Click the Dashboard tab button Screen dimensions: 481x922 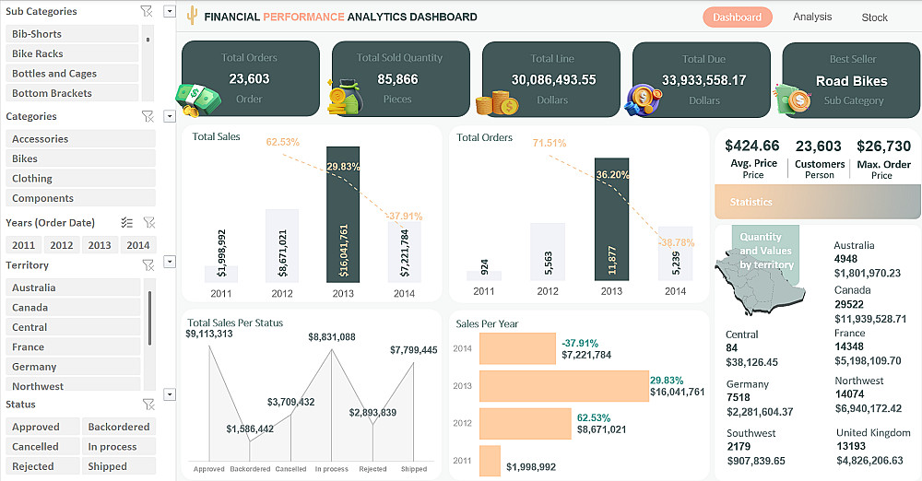coord(737,17)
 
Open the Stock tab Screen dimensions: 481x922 coord(874,17)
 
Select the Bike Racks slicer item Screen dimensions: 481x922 coord(38,53)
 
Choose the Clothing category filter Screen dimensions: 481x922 coord(32,178)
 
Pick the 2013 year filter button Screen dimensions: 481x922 coord(100,245)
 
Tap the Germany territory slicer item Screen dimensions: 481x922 coord(34,366)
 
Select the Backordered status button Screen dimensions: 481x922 coord(118,427)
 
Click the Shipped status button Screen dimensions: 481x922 coord(107,466)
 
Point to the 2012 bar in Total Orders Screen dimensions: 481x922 coord(548,251)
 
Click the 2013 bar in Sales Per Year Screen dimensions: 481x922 coord(563,386)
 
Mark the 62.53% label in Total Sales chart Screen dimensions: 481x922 coord(283,142)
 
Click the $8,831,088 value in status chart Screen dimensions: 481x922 coord(332,337)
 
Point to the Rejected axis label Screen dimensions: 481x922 coord(372,469)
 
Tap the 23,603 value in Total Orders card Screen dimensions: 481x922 coord(249,79)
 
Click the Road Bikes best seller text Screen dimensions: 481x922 coord(851,81)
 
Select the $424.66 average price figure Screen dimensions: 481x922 coord(752,146)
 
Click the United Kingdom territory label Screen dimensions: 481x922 coord(872,433)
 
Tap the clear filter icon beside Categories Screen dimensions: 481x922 coord(147,116)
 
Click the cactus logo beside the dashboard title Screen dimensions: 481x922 coord(192,16)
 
